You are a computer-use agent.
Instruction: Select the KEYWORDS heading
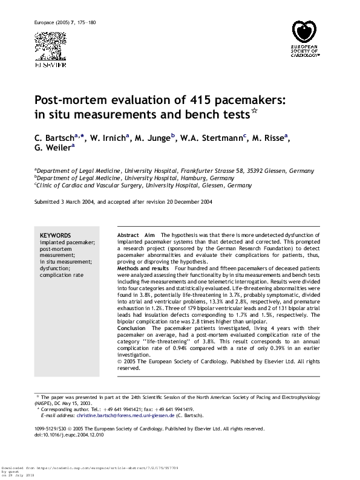point(55,235)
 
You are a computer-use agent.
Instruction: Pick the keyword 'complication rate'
point(60,275)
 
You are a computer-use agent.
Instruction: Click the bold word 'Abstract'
point(128,234)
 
